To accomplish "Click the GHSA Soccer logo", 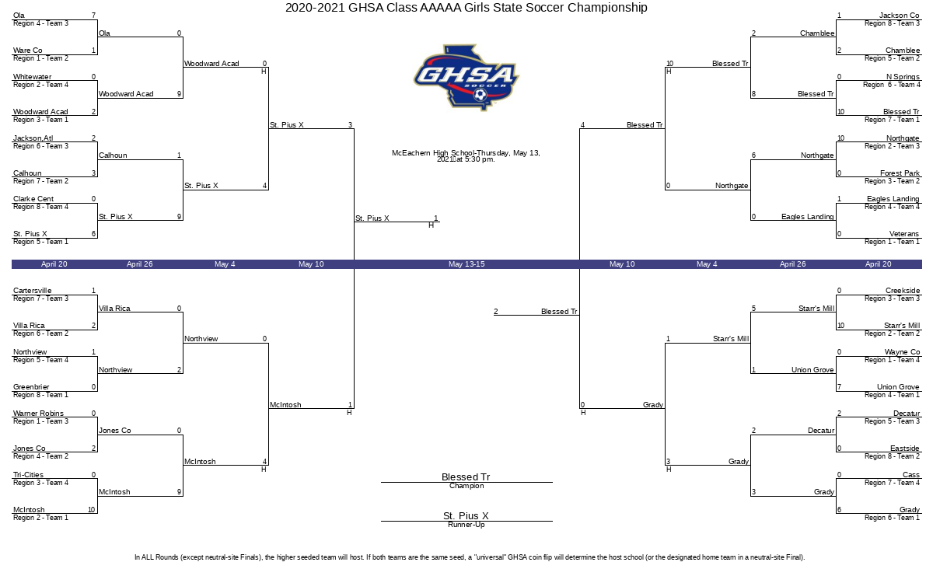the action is [466, 78].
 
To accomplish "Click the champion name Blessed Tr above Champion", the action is [466, 477].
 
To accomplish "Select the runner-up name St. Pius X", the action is [466, 515].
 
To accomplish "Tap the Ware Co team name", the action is [27, 51].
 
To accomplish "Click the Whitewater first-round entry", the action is [32, 77].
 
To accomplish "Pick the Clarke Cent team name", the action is [33, 199].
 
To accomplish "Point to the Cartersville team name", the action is [32, 290].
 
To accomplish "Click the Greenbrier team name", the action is [31, 387].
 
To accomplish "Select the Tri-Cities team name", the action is [28, 475].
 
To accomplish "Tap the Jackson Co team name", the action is [899, 16].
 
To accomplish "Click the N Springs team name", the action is [903, 77].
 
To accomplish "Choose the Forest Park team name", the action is [900, 173].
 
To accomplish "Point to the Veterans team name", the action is [903, 234].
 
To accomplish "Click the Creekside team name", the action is [903, 290].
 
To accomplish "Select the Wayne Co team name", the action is [902, 352].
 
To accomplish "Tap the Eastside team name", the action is [905, 448].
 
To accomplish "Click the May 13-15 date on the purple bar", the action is [466, 264].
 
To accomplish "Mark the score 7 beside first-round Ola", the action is [94, 16].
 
